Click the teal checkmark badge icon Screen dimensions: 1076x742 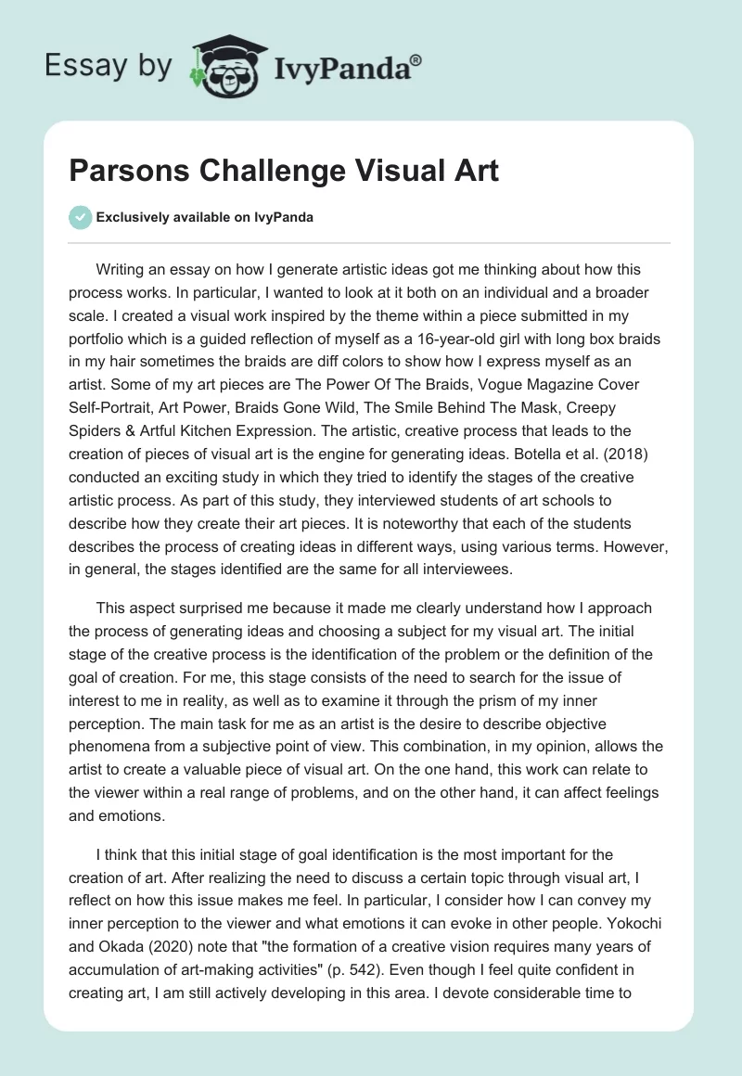pos(81,218)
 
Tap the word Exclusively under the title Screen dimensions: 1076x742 pos(130,218)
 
